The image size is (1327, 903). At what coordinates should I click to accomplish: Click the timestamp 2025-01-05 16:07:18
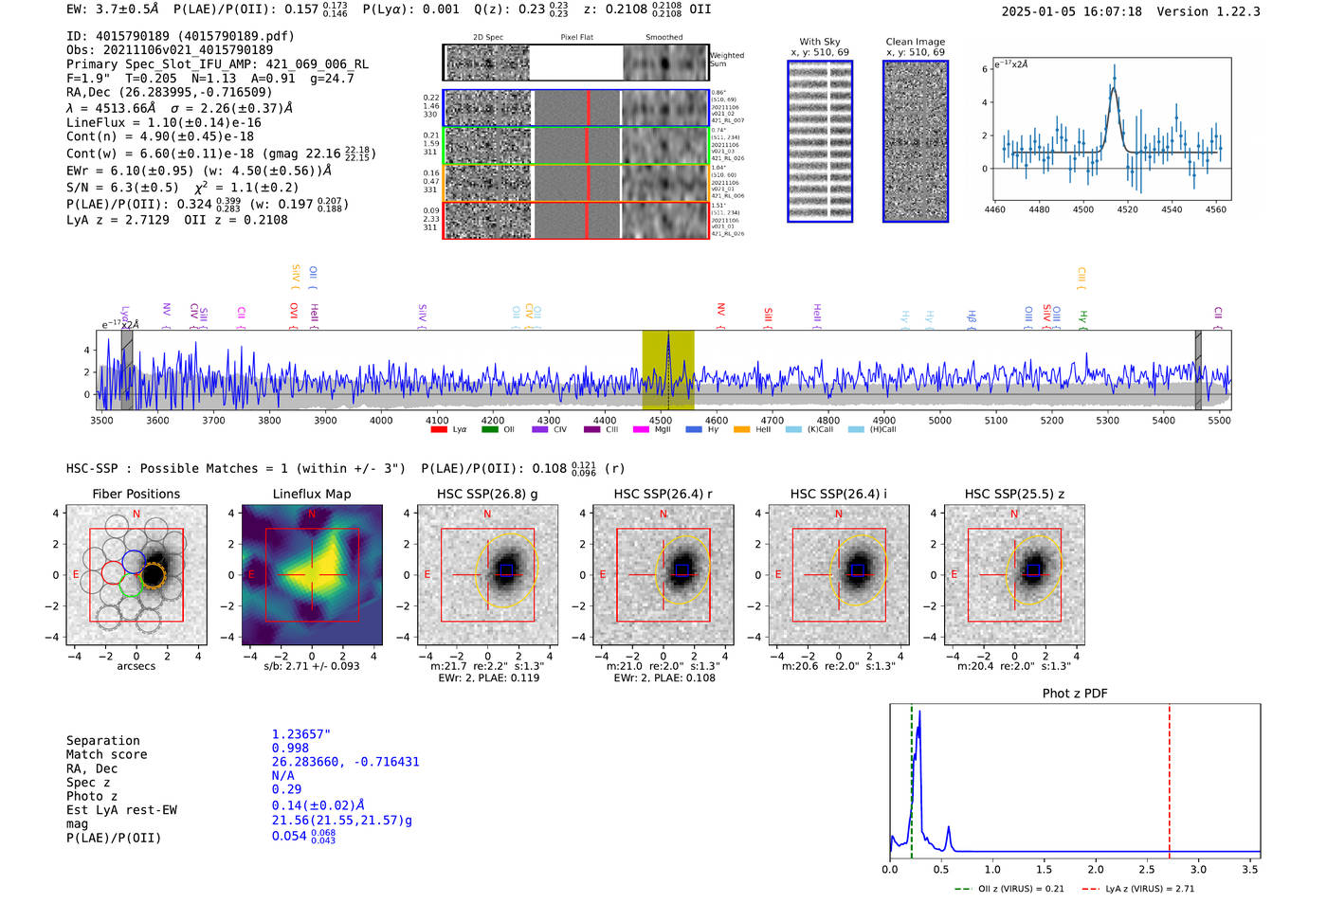pyautogui.click(x=1071, y=12)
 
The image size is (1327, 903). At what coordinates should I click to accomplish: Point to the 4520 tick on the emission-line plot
pyautogui.click(x=1127, y=209)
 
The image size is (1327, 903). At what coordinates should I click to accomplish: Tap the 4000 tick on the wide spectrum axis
pyautogui.click(x=381, y=420)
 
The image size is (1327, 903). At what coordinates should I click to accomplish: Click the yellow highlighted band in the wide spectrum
pyautogui.click(x=668, y=370)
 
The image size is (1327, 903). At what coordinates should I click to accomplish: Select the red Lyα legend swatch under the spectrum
pyautogui.click(x=439, y=430)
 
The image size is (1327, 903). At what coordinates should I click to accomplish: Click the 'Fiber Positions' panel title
pyautogui.click(x=136, y=494)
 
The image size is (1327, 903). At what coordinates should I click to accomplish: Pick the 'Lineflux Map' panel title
pyautogui.click(x=312, y=494)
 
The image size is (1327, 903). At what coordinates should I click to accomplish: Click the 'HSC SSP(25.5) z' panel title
pyautogui.click(x=1014, y=494)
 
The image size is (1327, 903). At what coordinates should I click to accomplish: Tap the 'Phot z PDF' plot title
pyautogui.click(x=1075, y=694)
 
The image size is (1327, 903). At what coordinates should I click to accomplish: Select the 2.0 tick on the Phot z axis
pyautogui.click(x=1096, y=869)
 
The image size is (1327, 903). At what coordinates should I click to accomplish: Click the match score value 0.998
pyautogui.click(x=290, y=749)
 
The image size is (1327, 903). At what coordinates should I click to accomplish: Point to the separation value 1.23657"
pyautogui.click(x=301, y=734)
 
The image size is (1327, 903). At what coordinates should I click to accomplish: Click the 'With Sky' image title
pyautogui.click(x=820, y=42)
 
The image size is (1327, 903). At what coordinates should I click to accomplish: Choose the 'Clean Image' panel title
pyautogui.click(x=916, y=42)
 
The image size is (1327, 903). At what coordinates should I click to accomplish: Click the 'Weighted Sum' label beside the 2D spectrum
pyautogui.click(x=727, y=60)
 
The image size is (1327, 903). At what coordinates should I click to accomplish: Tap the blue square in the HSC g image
pyautogui.click(x=506, y=569)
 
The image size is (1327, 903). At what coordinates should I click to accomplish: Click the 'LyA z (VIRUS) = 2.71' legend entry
pyautogui.click(x=1150, y=889)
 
